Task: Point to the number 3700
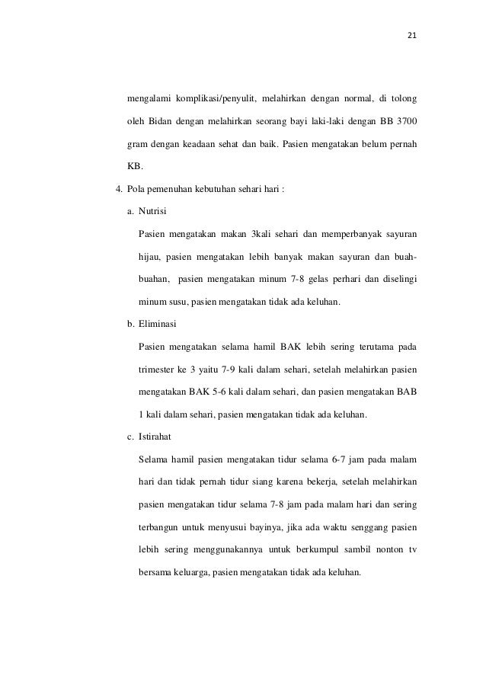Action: pos(404,123)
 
